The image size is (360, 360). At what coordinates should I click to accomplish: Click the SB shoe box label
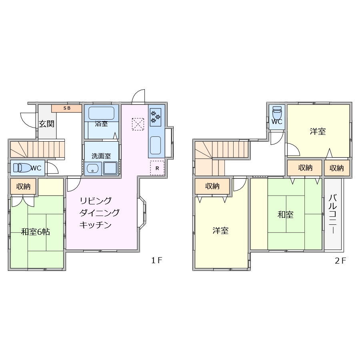(x=67, y=108)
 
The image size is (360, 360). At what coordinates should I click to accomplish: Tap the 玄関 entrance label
(x=46, y=124)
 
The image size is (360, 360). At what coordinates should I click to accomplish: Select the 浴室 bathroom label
(x=101, y=124)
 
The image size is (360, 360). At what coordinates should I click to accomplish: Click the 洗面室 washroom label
(x=101, y=156)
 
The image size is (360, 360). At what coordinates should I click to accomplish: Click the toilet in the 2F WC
(x=277, y=112)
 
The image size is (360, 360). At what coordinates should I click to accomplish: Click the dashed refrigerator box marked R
(x=157, y=168)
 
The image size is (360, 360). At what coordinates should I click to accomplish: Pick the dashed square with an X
(x=138, y=124)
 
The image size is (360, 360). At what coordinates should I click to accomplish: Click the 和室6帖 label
(x=36, y=232)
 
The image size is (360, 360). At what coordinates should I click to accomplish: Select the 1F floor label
(x=156, y=260)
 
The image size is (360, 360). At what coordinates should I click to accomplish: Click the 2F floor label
(x=340, y=260)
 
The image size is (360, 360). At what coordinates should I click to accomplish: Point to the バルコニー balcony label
(x=332, y=214)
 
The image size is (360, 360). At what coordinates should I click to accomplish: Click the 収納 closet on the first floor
(x=23, y=186)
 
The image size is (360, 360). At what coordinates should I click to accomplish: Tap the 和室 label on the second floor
(x=286, y=214)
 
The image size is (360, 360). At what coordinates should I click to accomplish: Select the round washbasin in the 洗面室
(x=92, y=169)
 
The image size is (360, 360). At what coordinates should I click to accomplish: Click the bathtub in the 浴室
(x=101, y=113)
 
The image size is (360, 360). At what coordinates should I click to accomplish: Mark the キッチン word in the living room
(x=95, y=225)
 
